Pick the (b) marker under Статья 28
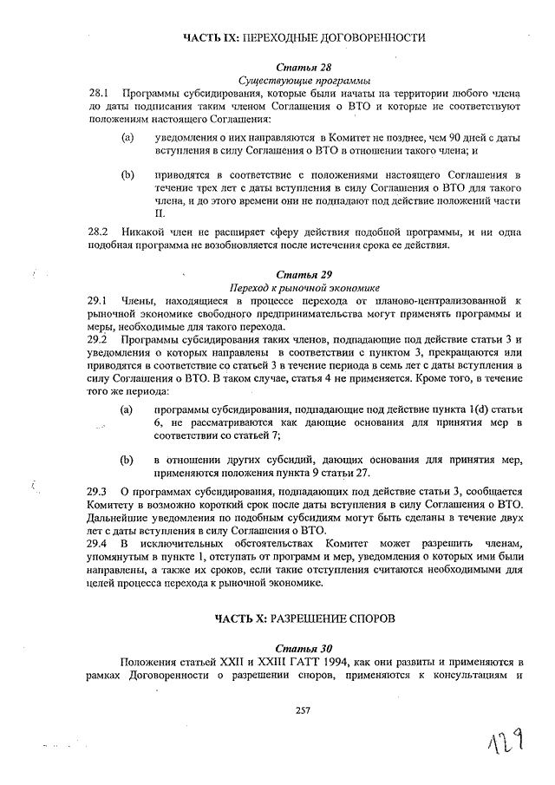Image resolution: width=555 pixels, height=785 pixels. click(127, 174)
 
